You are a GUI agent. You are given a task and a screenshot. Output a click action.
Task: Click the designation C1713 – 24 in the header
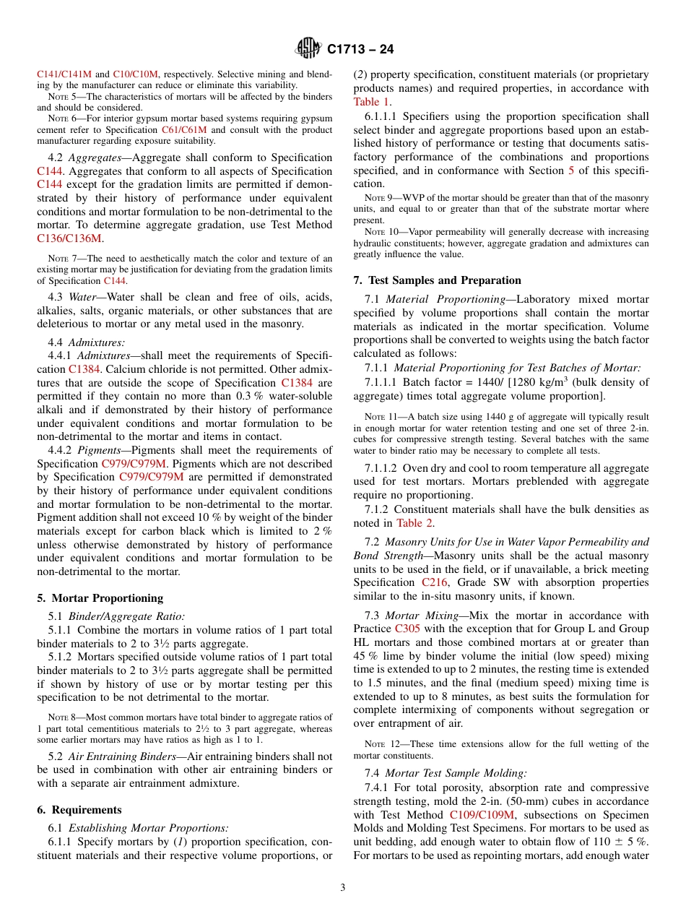pos(360,50)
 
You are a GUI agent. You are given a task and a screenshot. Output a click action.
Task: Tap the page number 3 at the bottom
pos(343,887)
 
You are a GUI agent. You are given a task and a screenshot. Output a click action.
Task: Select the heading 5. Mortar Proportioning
pos(100,597)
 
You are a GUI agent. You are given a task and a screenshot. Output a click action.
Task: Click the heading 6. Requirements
pos(79,809)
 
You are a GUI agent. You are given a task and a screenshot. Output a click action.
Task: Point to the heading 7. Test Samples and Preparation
pos(437,280)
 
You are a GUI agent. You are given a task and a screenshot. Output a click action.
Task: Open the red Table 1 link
pos(372,102)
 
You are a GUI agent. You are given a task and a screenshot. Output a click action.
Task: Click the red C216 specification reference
pos(435,582)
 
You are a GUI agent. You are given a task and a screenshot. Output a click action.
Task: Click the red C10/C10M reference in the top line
pos(135,74)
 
